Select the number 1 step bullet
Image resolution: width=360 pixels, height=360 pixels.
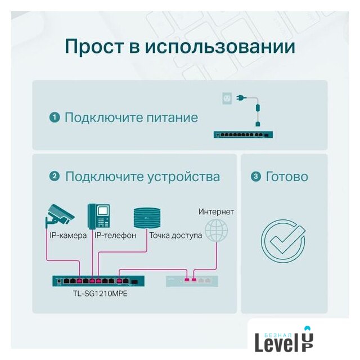pyautogui.click(x=55, y=118)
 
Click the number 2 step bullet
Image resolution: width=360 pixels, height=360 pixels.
pyautogui.click(x=55, y=177)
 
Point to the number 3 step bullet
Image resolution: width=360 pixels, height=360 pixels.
pyautogui.click(x=256, y=177)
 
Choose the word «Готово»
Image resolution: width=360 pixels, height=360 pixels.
pyautogui.click(x=287, y=177)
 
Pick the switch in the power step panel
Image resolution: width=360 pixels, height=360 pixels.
pyautogui.click(x=242, y=135)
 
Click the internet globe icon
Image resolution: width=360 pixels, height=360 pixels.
pyautogui.click(x=217, y=231)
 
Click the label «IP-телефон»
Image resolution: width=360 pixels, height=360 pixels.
pyautogui.click(x=115, y=235)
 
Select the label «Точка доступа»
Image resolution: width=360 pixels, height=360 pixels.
pyautogui.click(x=175, y=235)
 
